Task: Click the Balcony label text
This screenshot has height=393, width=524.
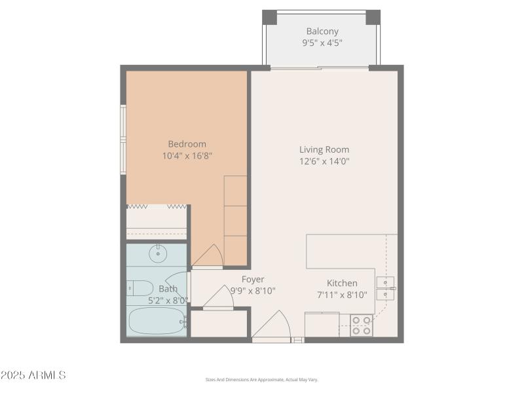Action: click(322, 31)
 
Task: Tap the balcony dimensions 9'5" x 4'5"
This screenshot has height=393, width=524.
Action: click(322, 43)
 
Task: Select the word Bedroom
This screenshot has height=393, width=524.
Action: click(187, 144)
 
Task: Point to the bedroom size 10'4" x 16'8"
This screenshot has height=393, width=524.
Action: click(187, 156)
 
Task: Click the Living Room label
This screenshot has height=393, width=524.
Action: click(324, 149)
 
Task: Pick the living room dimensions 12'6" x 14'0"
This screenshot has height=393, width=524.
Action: click(324, 161)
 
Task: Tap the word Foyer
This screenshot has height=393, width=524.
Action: click(253, 280)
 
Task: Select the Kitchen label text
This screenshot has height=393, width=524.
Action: click(342, 283)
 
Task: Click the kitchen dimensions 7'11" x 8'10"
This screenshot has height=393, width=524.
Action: click(342, 295)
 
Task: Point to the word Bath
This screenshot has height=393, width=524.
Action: click(168, 289)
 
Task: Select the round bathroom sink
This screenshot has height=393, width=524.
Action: click(157, 253)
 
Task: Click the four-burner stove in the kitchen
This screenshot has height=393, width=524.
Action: click(362, 326)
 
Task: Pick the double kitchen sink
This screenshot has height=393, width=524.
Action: click(385, 288)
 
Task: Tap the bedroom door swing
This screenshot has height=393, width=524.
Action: click(208, 255)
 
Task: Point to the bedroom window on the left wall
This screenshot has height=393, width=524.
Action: click(122, 140)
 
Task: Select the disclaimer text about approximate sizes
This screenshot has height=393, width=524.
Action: click(261, 380)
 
